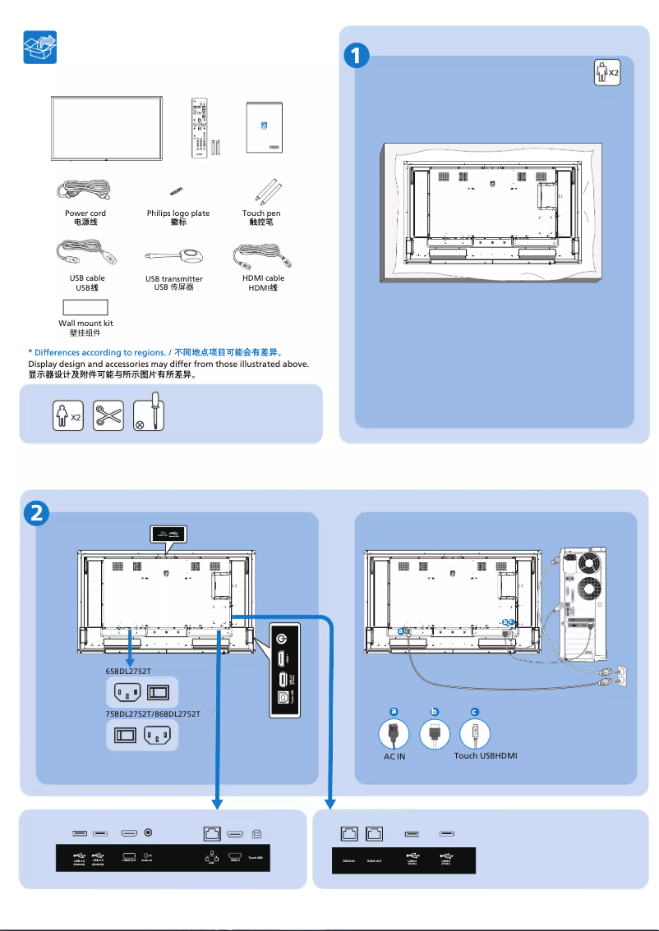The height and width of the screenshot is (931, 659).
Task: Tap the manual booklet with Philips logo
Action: [x=264, y=128]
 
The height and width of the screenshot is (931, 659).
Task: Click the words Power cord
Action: [x=85, y=213]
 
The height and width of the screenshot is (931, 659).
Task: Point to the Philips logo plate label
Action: [x=178, y=213]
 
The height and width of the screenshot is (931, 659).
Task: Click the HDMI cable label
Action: [x=263, y=278]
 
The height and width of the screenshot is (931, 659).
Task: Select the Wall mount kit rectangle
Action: [x=85, y=308]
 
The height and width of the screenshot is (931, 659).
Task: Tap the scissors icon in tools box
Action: [x=108, y=415]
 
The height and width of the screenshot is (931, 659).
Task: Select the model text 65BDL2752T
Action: [x=128, y=671]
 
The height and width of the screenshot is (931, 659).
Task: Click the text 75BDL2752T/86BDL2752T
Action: [x=153, y=714]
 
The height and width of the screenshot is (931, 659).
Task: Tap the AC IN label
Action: [x=394, y=756]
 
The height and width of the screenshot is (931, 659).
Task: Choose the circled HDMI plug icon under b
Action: [x=435, y=733]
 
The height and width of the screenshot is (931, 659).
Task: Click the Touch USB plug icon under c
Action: [x=475, y=733]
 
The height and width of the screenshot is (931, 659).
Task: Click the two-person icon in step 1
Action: [x=606, y=72]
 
